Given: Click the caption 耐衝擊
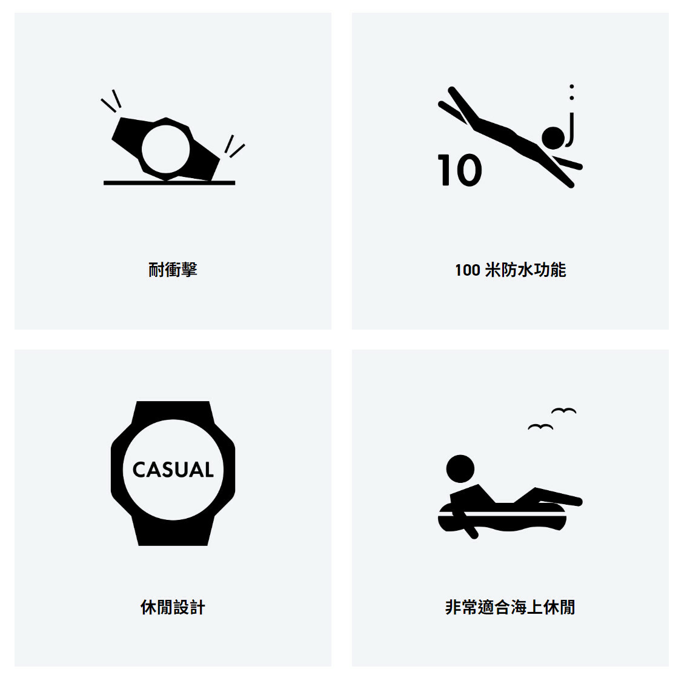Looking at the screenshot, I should [x=173, y=270].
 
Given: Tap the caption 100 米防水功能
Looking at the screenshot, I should [x=510, y=270].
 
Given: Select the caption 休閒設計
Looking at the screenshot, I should [x=173, y=607].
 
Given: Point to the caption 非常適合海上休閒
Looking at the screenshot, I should [x=510, y=607].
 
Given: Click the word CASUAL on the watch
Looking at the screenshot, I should [x=173, y=470].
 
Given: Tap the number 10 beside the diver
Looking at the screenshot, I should [x=460, y=170].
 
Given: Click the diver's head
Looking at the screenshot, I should [x=553, y=138].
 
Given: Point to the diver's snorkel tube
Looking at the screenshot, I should [x=571, y=130].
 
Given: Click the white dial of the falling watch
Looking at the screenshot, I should [x=165, y=149].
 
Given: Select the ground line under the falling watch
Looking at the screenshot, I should [x=169, y=182].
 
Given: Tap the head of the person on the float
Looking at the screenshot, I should [x=460, y=469].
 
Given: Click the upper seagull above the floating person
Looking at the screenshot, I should [x=564, y=411].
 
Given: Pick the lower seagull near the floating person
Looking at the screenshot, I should [x=540, y=427].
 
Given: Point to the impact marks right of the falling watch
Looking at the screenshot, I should [x=234, y=147].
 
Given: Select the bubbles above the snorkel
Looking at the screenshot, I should [x=571, y=92].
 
